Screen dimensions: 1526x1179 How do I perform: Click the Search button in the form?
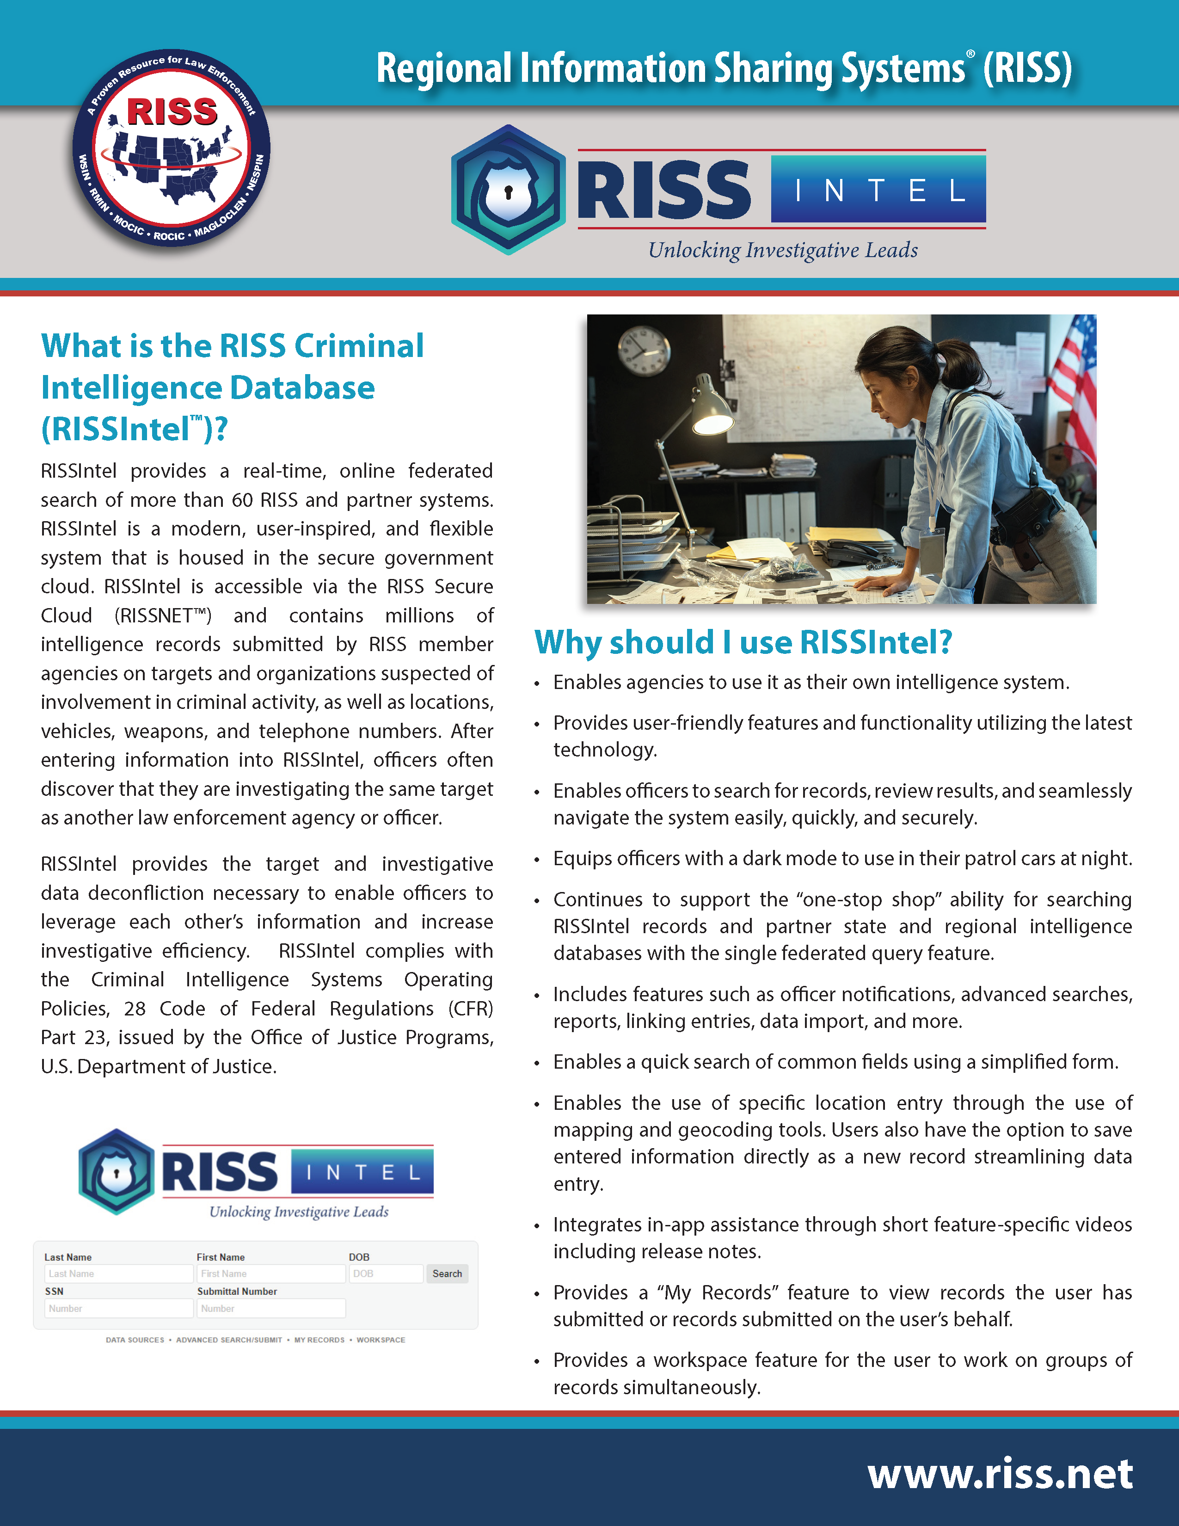pos(447,1274)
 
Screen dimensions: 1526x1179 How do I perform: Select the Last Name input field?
pos(118,1274)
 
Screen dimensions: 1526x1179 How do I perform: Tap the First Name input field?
pos(270,1274)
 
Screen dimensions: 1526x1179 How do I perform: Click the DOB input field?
pos(386,1274)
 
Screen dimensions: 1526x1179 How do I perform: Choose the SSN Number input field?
pos(118,1308)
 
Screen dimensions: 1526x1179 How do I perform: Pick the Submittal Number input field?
pos(270,1308)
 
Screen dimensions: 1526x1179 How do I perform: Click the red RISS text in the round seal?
pos(172,112)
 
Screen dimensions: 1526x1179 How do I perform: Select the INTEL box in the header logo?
pos(878,189)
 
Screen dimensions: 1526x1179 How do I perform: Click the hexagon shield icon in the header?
pos(508,189)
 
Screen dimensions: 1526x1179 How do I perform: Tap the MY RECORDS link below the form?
pos(319,1340)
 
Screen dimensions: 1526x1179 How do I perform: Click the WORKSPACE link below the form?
pos(381,1340)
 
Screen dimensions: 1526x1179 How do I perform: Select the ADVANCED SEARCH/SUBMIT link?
pos(229,1340)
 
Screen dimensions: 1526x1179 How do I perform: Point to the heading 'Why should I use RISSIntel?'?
pos(743,642)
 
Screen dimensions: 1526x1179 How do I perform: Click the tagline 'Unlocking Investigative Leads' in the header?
pos(782,250)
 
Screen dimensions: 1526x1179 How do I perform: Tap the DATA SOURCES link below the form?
pos(135,1340)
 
